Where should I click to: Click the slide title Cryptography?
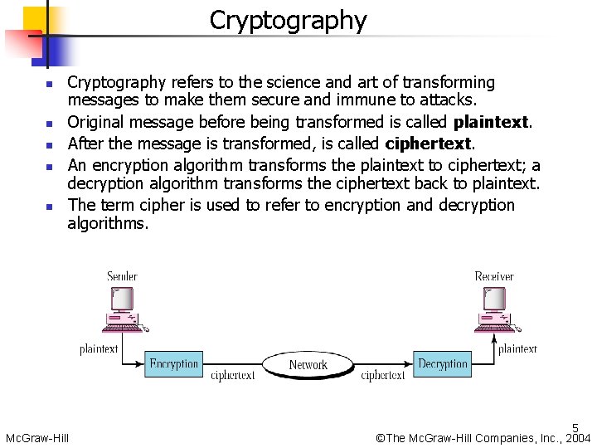[288, 20]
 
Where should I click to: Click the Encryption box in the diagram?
[174, 364]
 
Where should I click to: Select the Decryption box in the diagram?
[443, 364]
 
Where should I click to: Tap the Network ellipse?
[308, 365]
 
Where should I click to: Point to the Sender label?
[122, 275]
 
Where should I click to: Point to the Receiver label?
[493, 275]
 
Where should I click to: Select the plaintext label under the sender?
[99, 349]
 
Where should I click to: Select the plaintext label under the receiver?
[517, 349]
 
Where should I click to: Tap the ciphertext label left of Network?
[233, 376]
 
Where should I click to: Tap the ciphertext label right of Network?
[383, 376]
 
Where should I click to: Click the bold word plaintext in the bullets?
[491, 123]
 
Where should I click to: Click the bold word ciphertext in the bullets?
[429, 144]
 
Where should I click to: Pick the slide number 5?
[575, 429]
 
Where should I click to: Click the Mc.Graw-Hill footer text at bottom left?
[37, 438]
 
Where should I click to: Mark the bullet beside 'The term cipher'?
[49, 206]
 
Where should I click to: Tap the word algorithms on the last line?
[107, 224]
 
